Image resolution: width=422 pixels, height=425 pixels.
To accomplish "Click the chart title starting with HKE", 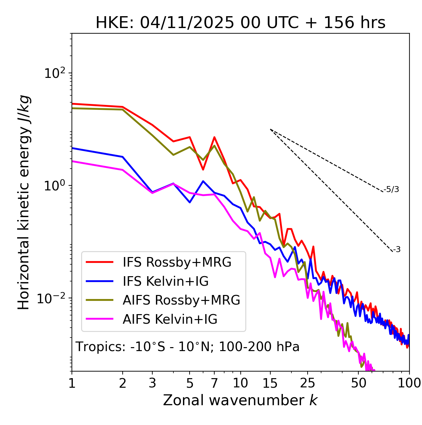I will pos(240,23).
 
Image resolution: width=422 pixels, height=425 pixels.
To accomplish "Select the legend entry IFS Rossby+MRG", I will pos(177,262).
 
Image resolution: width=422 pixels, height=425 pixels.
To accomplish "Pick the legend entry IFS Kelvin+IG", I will pos(166,281).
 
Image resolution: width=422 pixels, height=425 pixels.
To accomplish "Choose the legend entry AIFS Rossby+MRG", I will pos(181,300).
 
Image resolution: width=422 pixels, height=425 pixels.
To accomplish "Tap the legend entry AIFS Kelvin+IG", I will pos(170,319).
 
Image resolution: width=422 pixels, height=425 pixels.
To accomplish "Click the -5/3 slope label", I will pos(391,189).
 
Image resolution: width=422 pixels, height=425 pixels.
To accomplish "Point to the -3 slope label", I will pos(397,249).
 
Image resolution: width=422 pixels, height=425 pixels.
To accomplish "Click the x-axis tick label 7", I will pos(214,383).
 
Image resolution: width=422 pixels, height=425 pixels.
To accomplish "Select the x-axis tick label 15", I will pos(270,383).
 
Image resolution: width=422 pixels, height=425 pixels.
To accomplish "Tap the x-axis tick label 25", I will pos(308,383).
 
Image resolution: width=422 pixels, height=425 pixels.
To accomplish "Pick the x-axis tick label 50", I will pos(358,383).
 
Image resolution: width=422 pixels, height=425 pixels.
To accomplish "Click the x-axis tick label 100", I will pos(409,383).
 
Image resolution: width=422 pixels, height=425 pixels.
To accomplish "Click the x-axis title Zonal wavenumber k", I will pos(240,400).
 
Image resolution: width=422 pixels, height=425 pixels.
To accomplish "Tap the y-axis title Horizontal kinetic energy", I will pos(24,203).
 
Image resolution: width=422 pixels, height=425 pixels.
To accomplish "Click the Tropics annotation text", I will pos(188,347).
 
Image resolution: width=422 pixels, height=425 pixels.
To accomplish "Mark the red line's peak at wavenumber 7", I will pos(214,137).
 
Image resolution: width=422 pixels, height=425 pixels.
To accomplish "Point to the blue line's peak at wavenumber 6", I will pos(203,181).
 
